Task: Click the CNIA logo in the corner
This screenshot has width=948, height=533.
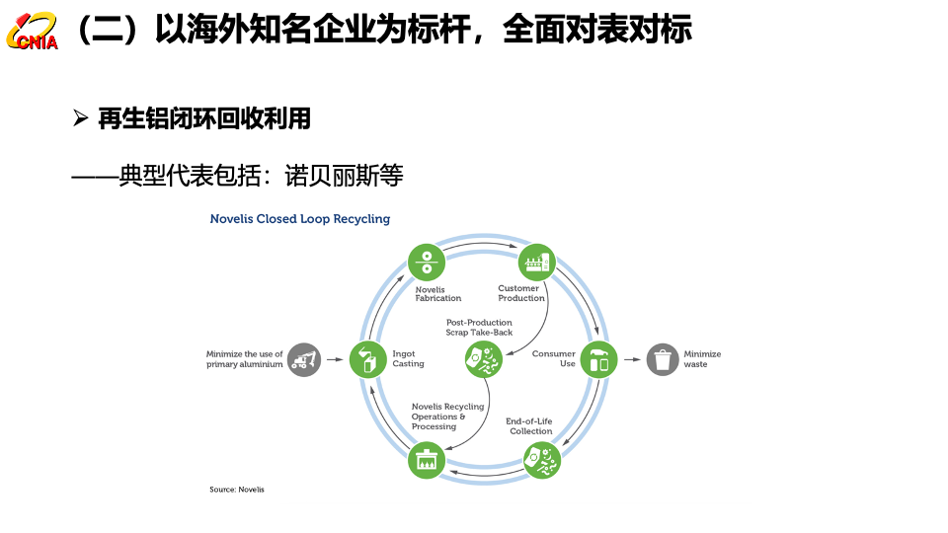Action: click(32, 32)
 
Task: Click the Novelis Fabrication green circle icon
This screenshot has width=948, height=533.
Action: click(427, 263)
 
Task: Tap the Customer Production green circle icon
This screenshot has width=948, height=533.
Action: click(537, 263)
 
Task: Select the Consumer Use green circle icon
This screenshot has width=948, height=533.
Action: click(599, 359)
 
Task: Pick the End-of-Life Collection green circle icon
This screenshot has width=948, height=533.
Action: click(542, 459)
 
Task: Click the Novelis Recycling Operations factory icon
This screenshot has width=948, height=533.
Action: click(427, 460)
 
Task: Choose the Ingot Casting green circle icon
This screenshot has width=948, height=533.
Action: click(367, 359)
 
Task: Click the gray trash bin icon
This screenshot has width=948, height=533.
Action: click(663, 359)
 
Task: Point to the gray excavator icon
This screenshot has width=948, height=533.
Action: click(305, 359)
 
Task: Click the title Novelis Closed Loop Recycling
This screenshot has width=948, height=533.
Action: click(300, 219)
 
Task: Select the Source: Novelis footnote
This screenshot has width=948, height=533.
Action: click(237, 490)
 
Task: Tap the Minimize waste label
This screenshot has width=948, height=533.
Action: click(702, 359)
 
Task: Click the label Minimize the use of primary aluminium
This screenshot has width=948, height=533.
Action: click(244, 359)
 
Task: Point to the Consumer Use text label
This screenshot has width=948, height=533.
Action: click(554, 359)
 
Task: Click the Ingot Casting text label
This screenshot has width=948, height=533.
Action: click(408, 359)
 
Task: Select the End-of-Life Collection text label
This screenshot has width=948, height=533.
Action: click(530, 426)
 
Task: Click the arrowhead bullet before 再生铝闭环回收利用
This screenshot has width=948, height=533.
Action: click(81, 119)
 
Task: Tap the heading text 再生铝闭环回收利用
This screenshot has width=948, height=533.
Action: click(204, 119)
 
